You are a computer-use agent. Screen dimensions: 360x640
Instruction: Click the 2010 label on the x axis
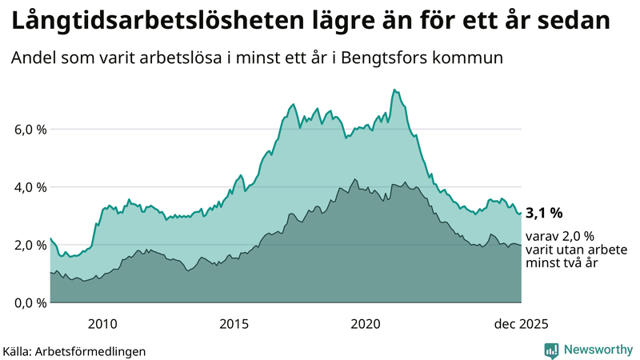102,323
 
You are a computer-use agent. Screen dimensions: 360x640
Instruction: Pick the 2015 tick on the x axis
234,323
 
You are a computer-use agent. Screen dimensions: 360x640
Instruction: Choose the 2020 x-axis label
366,323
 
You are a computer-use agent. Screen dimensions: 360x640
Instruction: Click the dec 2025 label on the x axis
521,323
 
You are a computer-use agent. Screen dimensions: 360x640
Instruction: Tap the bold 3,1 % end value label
544,213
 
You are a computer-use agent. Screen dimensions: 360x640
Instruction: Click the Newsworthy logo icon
551,350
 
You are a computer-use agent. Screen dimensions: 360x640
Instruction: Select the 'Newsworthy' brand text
597,350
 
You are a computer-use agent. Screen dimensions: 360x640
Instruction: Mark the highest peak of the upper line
394,90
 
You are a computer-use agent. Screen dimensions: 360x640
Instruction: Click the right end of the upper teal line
521,213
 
